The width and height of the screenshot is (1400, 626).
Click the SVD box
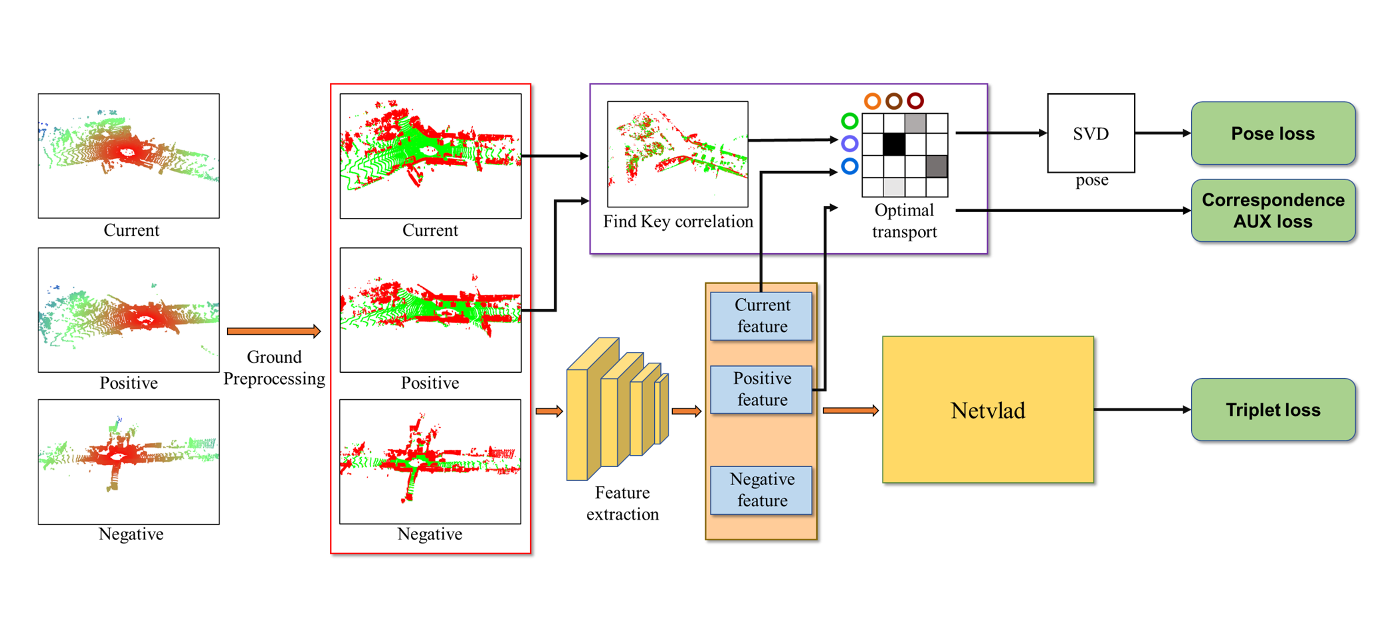coord(1090,133)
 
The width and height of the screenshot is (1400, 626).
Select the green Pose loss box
coord(1272,133)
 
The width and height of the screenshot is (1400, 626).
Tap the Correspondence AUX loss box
coord(1272,211)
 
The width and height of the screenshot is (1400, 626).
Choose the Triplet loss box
coord(1272,410)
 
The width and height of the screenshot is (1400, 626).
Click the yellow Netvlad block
coord(987,410)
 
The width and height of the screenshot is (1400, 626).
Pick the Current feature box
coord(761,316)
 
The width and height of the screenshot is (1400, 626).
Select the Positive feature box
coord(761,389)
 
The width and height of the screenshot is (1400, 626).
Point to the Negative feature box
coord(761,490)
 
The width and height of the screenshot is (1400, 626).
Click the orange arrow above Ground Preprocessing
coord(273,331)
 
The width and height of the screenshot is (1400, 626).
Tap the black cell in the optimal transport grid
coord(894,145)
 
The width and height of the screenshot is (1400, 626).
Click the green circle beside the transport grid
coord(849,121)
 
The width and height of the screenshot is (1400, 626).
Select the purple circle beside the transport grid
coord(849,144)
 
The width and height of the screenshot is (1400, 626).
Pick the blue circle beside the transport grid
coord(849,166)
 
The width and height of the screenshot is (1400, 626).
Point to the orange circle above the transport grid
coord(872,101)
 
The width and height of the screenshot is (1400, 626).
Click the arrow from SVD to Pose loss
coord(1162,133)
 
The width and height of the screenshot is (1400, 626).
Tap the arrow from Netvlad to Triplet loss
coord(1142,410)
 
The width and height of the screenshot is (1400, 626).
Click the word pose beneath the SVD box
coord(1091,180)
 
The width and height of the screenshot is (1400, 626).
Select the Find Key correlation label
coord(678,222)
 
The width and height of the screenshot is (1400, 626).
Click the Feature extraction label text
coord(622,503)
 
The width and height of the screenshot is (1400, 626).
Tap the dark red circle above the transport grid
coord(915,101)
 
